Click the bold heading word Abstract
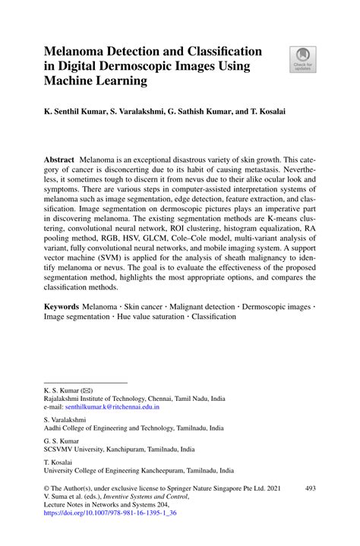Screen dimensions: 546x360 58,162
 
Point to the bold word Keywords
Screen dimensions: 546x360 62,304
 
